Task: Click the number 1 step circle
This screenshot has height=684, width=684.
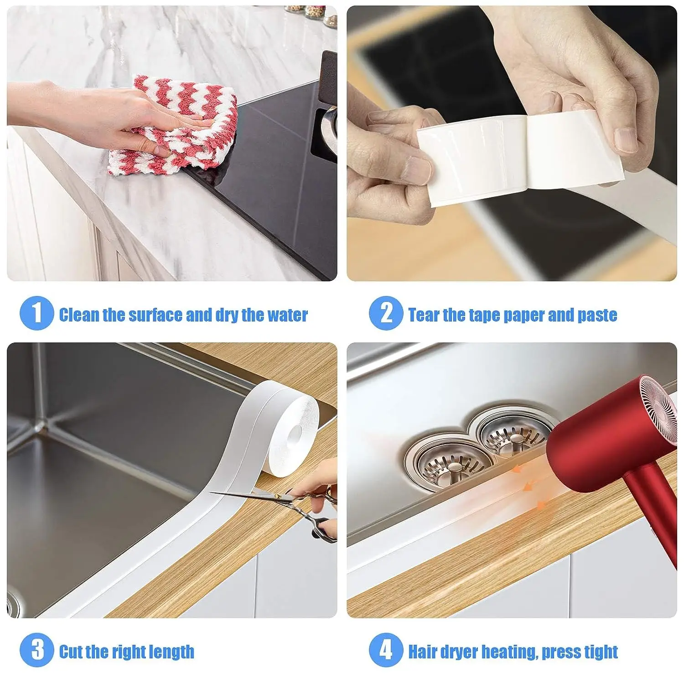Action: point(36,313)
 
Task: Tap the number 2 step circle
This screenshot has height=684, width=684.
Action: point(386,313)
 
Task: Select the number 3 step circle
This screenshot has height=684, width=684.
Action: point(36,649)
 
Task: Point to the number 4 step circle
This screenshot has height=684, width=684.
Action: point(386,649)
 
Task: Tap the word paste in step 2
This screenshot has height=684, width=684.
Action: point(597,315)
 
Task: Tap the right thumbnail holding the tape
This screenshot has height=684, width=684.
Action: point(626,139)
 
